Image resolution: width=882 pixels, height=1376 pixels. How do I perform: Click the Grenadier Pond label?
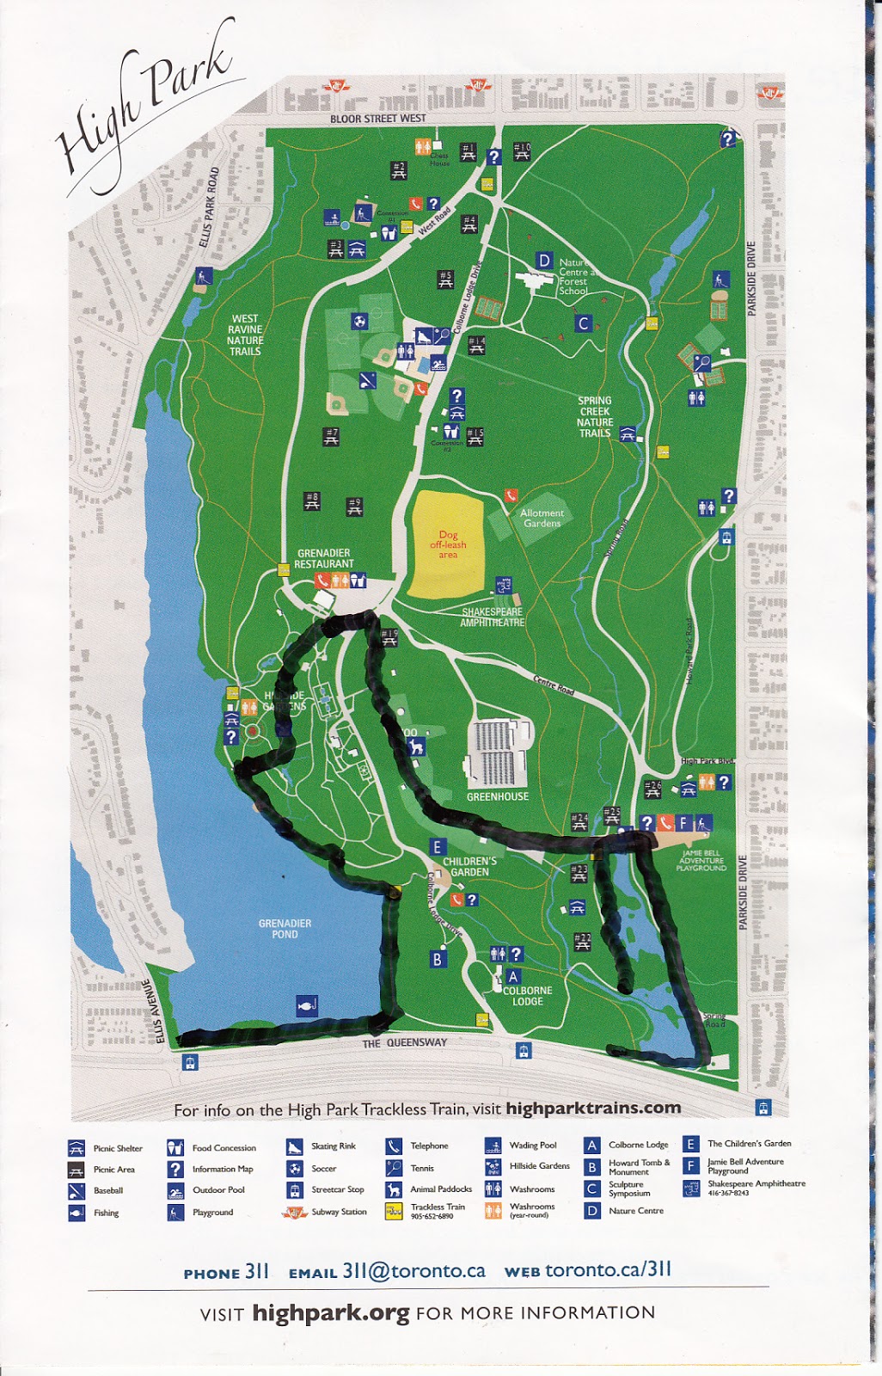(285, 929)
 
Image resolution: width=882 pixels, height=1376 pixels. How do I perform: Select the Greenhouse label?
(497, 796)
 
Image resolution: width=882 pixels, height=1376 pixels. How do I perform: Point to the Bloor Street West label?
(377, 119)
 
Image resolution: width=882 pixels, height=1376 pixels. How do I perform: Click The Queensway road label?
(404, 1043)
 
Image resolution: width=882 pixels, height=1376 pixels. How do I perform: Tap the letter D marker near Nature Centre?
(544, 261)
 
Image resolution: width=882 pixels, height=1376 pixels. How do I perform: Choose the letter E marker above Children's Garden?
(437, 847)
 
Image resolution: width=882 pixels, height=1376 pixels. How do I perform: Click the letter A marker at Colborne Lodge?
(513, 976)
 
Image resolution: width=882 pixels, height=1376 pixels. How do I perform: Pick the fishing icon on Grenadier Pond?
(307, 1004)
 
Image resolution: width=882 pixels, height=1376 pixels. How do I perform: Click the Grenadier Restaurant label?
(323, 559)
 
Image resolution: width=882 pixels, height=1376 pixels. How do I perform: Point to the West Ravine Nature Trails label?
(245, 335)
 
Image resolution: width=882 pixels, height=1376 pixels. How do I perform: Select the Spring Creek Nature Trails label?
(595, 417)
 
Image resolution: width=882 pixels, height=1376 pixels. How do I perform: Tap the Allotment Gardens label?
(542, 518)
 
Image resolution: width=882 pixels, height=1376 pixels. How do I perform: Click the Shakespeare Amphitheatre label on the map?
(492, 617)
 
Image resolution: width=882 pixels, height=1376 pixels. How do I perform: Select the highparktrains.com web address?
(593, 1109)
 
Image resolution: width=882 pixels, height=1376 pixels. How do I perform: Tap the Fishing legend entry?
(106, 1213)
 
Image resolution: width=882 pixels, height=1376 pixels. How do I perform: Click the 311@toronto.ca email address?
(413, 1271)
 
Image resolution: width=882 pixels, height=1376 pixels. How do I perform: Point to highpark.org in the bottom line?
(330, 1313)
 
